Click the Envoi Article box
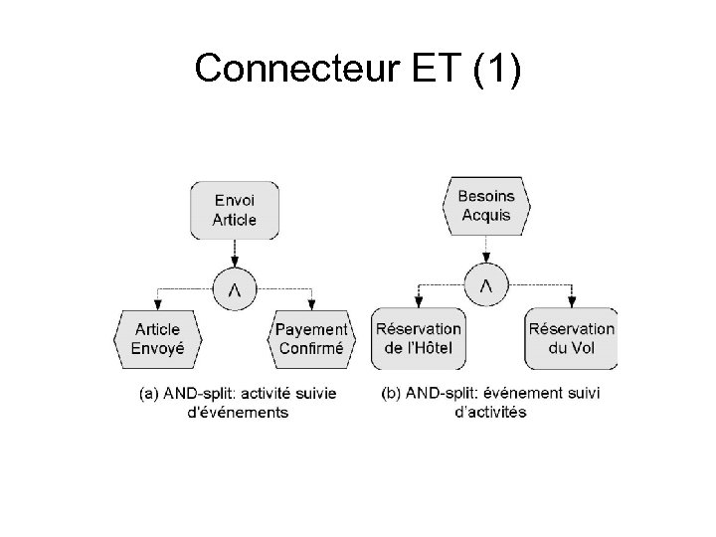pyautogui.click(x=234, y=209)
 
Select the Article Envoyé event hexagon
pyautogui.click(x=158, y=339)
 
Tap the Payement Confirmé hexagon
pyautogui.click(x=310, y=339)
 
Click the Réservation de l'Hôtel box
pyautogui.click(x=419, y=338)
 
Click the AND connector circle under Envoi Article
pyautogui.click(x=234, y=288)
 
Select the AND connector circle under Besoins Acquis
pyautogui.click(x=486, y=286)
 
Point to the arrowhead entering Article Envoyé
pyautogui.click(x=156, y=303)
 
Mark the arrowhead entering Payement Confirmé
pyautogui.click(x=311, y=303)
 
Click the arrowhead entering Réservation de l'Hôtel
pyautogui.click(x=419, y=302)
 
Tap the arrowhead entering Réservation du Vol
pyautogui.click(x=573, y=302)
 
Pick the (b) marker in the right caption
pyautogui.click(x=393, y=394)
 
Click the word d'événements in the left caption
pyautogui.click(x=239, y=412)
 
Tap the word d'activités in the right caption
pyautogui.click(x=490, y=412)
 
